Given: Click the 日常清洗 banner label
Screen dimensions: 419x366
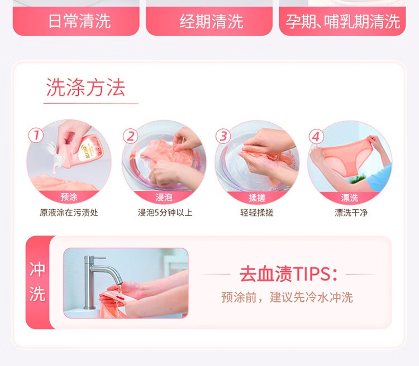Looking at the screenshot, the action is (x=79, y=21).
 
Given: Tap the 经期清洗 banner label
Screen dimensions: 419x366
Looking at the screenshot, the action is (x=211, y=21).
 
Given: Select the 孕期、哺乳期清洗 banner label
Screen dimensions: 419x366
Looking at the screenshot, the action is (x=343, y=21).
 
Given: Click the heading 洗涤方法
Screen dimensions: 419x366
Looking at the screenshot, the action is (x=85, y=87).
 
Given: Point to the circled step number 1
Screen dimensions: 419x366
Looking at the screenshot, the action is (x=36, y=135).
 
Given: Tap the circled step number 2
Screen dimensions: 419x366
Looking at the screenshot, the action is (x=130, y=136).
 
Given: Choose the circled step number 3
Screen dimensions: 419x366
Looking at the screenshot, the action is (x=223, y=136).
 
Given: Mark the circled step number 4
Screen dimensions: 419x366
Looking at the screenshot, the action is (x=316, y=137).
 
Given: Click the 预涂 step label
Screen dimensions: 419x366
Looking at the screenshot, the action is (x=69, y=197).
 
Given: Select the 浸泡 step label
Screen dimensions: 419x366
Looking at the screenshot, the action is (x=164, y=198).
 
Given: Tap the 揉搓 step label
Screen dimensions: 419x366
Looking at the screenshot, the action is (x=257, y=198).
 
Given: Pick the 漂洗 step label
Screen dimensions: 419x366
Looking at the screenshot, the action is (x=350, y=198).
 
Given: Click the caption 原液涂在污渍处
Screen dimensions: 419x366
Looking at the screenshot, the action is (x=69, y=213).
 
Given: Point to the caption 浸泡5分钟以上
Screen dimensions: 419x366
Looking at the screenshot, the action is (x=165, y=213).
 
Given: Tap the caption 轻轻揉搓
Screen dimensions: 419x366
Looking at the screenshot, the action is (x=257, y=213).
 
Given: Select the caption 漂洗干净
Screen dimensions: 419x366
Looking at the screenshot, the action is (x=351, y=213).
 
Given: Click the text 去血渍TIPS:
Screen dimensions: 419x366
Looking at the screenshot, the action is (x=288, y=274).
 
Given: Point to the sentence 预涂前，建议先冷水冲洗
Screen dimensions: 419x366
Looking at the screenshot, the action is (x=287, y=297).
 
